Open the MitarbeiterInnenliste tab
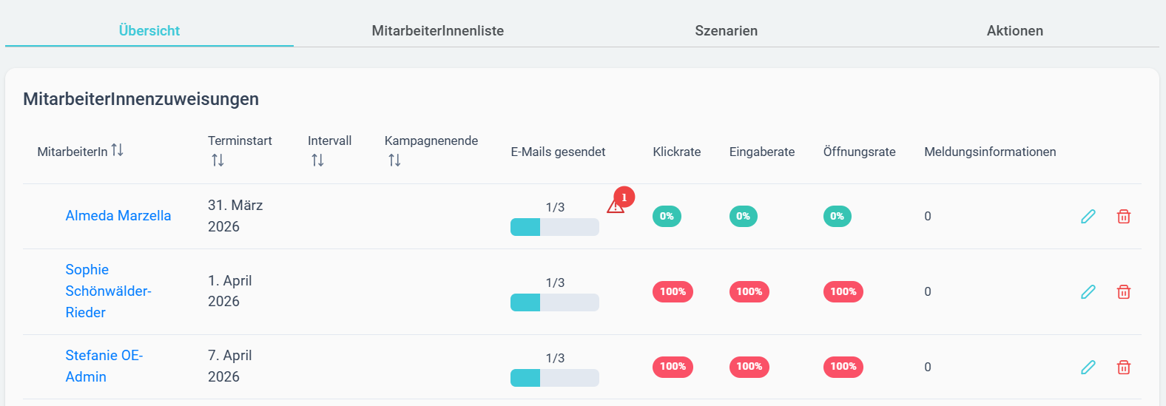(438, 31)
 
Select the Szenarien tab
(726, 31)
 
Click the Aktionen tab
(1015, 31)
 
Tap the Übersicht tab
(149, 31)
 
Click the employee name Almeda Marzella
(118, 215)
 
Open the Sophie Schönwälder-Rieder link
(108, 291)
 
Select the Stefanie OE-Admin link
(104, 366)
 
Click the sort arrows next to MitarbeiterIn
(117, 150)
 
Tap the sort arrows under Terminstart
(218, 160)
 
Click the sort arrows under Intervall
(317, 160)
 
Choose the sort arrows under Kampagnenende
(394, 160)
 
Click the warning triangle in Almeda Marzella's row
(616, 206)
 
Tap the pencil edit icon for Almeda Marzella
(1088, 216)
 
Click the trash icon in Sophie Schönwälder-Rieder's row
(1124, 291)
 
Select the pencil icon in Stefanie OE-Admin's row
(1088, 367)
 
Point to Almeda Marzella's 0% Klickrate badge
(667, 216)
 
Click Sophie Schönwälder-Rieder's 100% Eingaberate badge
(749, 291)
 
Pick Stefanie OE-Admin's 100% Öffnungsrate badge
(843, 367)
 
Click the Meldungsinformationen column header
(990, 152)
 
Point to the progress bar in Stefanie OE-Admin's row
(555, 378)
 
